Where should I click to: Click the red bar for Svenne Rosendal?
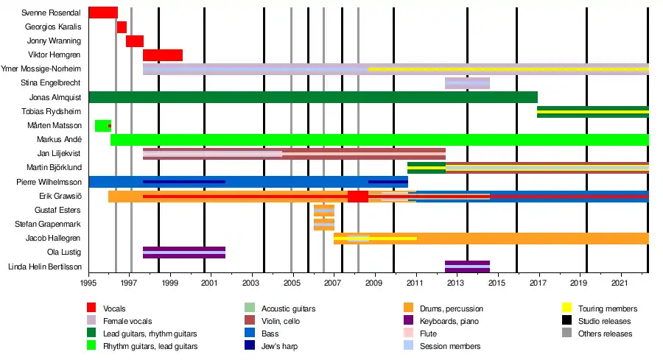pos(102,13)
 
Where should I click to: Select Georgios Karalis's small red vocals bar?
pos(122,27)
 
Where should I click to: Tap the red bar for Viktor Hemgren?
pos(162,55)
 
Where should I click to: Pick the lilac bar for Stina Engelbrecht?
pos(467,83)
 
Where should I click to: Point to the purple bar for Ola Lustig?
pos(183,253)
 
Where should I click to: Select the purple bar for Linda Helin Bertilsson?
pos(467,267)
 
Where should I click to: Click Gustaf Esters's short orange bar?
pos(323,211)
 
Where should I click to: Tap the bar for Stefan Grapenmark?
pos(323,225)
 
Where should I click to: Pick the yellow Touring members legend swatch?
pos(568,309)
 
